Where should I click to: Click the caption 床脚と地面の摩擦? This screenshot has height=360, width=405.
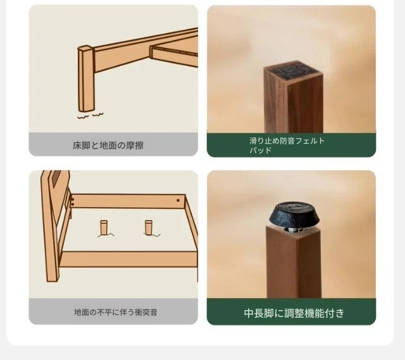click(x=108, y=146)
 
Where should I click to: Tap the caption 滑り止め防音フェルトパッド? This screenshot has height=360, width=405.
click(x=287, y=146)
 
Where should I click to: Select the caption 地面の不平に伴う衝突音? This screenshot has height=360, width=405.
click(x=116, y=313)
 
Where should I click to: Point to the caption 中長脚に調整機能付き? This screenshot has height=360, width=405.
click(x=294, y=313)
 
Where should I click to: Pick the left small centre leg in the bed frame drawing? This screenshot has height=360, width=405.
click(x=104, y=228)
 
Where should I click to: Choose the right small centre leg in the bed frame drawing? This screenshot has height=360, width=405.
click(x=149, y=228)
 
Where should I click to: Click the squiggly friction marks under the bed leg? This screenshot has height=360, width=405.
click(x=90, y=115)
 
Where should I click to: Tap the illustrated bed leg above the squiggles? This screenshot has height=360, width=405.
click(x=86, y=78)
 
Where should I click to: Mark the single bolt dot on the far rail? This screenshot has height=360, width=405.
click(x=178, y=200)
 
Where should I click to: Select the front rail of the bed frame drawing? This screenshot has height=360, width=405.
click(x=128, y=259)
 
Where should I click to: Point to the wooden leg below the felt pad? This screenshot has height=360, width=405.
click(x=294, y=103)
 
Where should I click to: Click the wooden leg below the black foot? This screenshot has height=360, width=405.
click(x=294, y=262)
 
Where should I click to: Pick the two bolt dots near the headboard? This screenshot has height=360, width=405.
click(x=72, y=202)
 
